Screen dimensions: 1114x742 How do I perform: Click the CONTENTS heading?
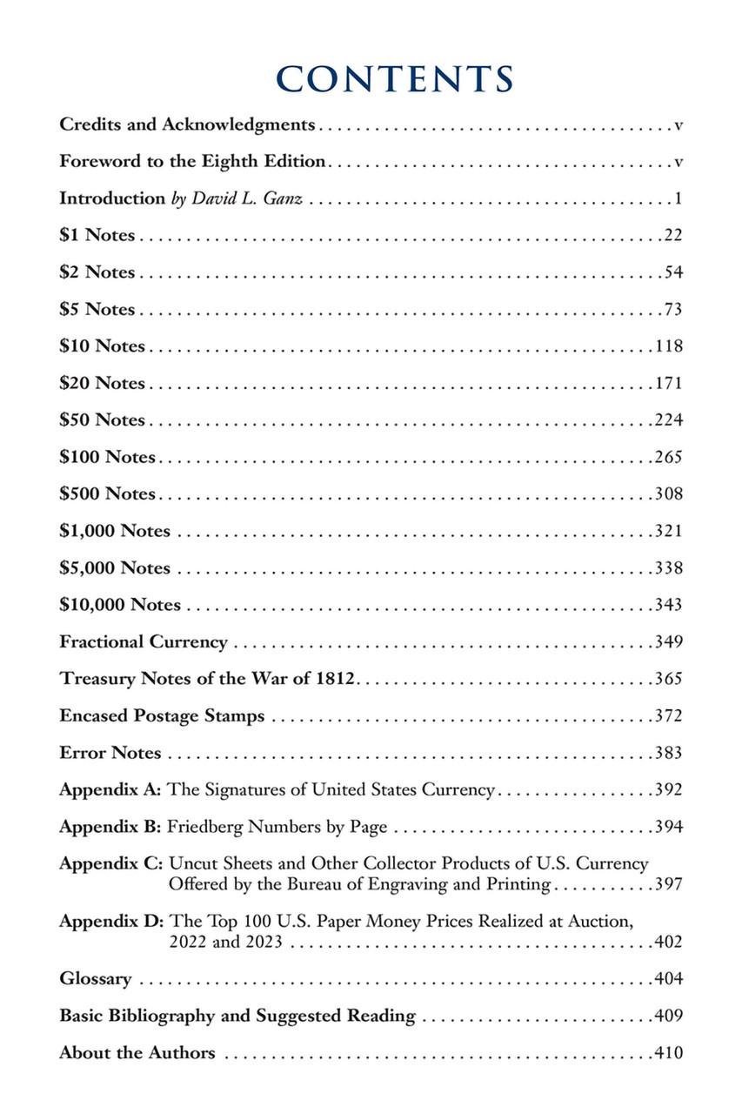click(x=395, y=78)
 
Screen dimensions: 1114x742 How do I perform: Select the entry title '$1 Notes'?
click(x=97, y=235)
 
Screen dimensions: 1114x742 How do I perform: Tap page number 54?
click(x=673, y=272)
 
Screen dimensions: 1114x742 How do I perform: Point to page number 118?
click(x=669, y=346)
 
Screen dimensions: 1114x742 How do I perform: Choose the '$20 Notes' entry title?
click(x=103, y=383)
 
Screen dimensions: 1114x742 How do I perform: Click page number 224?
click(x=669, y=420)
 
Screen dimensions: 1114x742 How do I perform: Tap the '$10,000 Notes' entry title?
click(x=120, y=605)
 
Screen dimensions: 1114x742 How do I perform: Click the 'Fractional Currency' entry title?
click(x=144, y=642)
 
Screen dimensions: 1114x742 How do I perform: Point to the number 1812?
click(x=333, y=679)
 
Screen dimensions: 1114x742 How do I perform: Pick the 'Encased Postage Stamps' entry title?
click(x=162, y=716)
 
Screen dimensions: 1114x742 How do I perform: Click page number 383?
click(x=669, y=753)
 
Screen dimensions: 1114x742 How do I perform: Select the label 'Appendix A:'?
click(x=110, y=790)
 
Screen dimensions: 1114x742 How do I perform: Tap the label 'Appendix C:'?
click(x=110, y=864)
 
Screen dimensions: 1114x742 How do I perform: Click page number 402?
click(x=669, y=942)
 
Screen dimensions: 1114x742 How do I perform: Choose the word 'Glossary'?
click(x=96, y=979)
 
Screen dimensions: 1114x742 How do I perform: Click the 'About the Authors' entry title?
click(x=137, y=1053)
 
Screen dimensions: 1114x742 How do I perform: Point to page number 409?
click(x=669, y=1016)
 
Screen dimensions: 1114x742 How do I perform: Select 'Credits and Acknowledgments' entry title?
click(x=187, y=124)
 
